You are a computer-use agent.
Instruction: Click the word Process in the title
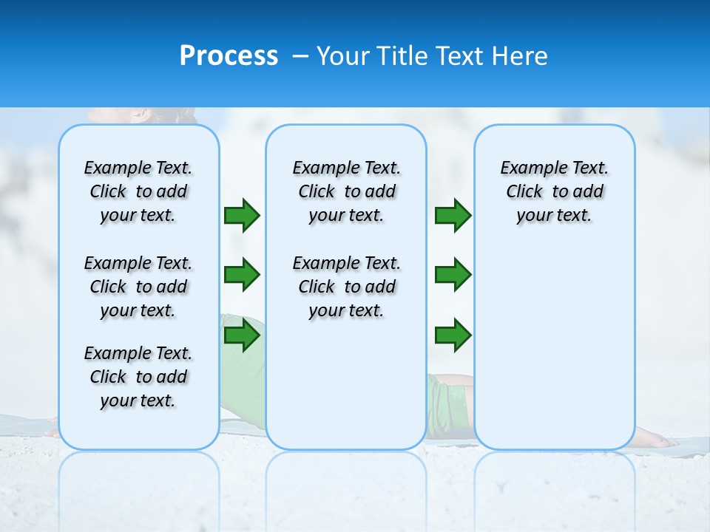click(x=229, y=56)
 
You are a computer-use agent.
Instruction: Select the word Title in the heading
click(x=403, y=56)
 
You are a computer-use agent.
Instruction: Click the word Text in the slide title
click(x=460, y=56)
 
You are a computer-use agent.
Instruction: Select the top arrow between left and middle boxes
click(x=242, y=215)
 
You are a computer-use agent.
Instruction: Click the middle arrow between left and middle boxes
click(x=242, y=275)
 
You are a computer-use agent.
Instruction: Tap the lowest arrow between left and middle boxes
click(x=242, y=335)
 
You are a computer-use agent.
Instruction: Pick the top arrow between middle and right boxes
click(x=453, y=215)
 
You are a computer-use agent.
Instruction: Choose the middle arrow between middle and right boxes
click(x=453, y=275)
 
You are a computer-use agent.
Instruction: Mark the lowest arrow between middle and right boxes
click(x=453, y=335)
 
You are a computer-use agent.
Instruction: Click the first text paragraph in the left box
click(x=138, y=191)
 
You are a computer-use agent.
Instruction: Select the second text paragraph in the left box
click(x=138, y=287)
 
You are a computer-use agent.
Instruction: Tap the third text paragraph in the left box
click(x=138, y=377)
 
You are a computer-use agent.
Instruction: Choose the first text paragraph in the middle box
click(x=346, y=191)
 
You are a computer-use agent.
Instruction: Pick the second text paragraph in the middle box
click(x=346, y=287)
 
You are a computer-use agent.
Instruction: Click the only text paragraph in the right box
click(x=555, y=191)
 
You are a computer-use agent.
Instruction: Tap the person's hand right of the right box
click(x=658, y=442)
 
